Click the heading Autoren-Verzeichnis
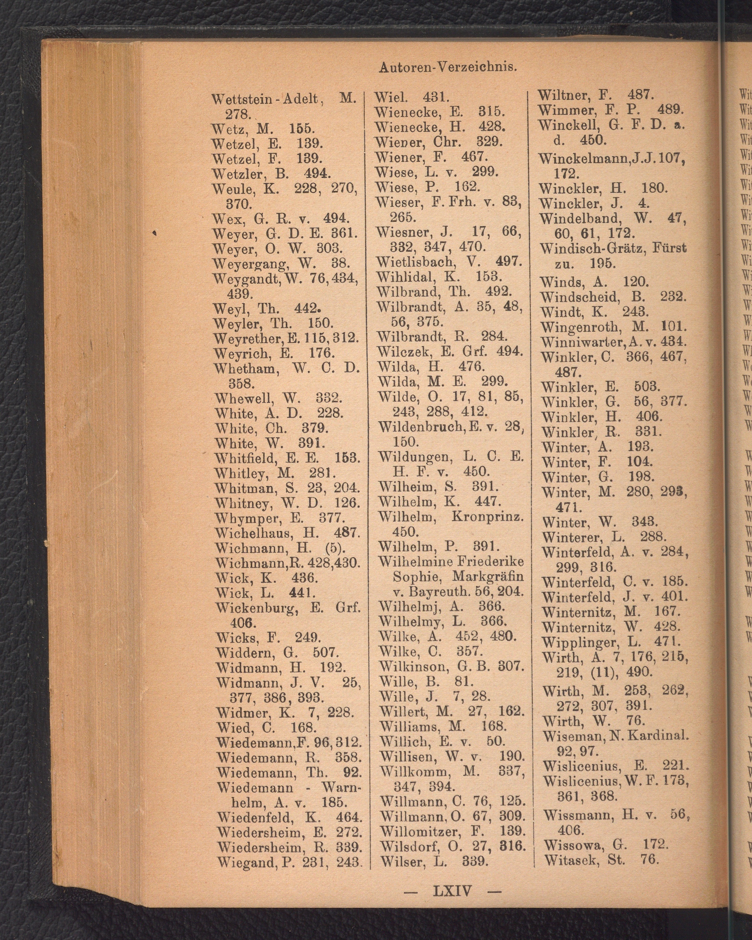448,67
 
